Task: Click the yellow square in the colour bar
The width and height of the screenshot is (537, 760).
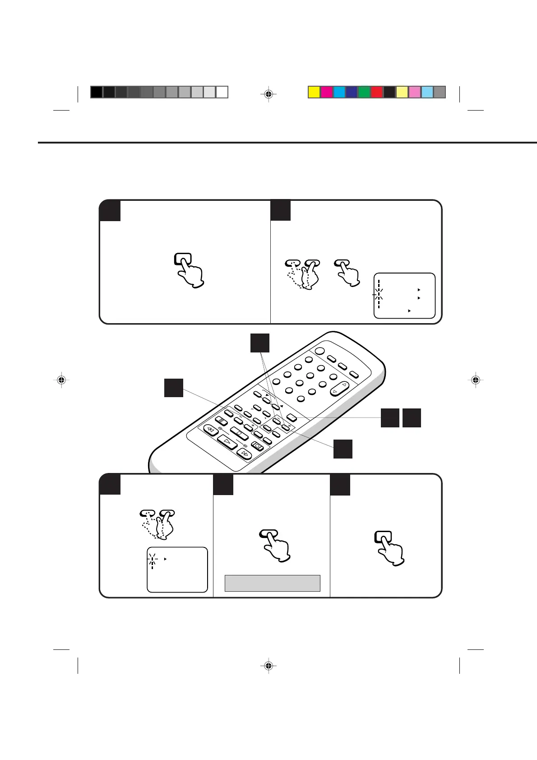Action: pos(314,92)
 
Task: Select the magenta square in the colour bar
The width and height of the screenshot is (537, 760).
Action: pos(327,92)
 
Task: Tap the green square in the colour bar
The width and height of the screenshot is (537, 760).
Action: pos(364,92)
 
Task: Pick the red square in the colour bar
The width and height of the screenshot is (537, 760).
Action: pos(377,92)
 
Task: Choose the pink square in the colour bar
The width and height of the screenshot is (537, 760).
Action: pos(414,92)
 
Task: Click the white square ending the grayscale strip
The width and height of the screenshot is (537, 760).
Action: pos(222,92)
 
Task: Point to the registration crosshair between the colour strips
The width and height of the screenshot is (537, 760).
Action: pos(268,94)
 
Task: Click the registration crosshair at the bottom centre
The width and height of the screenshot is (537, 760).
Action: pos(268,666)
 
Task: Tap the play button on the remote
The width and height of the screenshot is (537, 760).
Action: pos(227,442)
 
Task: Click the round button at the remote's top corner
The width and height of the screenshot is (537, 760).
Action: pos(320,351)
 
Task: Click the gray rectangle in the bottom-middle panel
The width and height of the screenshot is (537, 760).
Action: pos(273,583)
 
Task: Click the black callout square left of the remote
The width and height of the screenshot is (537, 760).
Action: pos(173,388)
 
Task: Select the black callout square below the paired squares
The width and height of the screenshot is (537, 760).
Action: pos(343,449)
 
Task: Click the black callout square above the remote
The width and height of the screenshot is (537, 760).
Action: pos(260,343)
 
